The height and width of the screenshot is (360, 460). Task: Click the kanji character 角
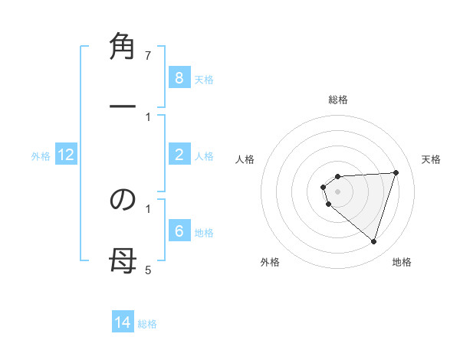123,47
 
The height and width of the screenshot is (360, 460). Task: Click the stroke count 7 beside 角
148,56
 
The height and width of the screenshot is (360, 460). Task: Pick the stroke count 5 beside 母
148,270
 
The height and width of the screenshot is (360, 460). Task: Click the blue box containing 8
179,78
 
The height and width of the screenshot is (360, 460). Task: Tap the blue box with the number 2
179,155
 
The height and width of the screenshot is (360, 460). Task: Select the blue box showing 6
179,231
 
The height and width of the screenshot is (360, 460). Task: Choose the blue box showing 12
66,155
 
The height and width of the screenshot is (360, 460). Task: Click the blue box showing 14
123,322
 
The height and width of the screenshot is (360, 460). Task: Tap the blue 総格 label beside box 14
147,323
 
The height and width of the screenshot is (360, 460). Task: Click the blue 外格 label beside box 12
41,156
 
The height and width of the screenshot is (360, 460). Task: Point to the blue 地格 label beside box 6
204,232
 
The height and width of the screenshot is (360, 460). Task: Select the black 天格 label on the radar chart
432,159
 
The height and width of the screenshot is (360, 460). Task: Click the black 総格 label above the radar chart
338,100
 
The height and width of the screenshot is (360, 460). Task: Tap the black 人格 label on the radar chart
245,159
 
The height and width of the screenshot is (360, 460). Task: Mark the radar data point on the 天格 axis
396,172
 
